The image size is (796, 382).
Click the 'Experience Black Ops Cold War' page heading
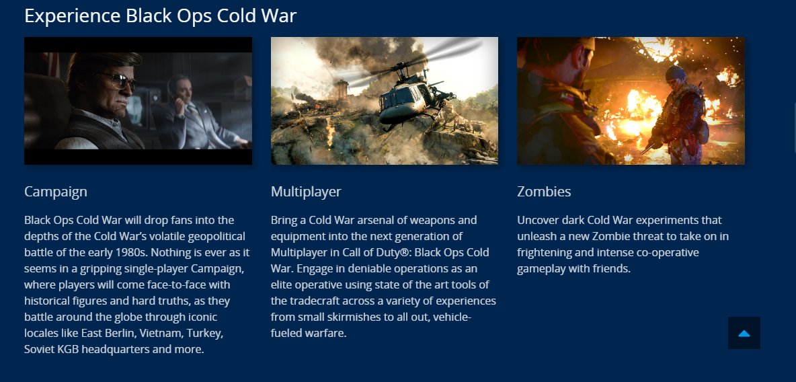tap(160, 15)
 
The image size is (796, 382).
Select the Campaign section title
tap(56, 192)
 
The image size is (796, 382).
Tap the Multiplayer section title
tap(306, 192)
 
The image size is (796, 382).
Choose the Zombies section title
tap(544, 192)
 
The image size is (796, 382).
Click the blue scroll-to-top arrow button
tap(744, 333)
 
